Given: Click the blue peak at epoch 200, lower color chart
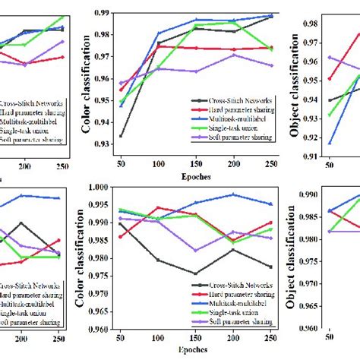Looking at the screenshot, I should click(232, 194).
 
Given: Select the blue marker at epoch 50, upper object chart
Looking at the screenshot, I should click(330, 143).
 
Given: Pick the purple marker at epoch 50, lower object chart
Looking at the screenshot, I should click(330, 231).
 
